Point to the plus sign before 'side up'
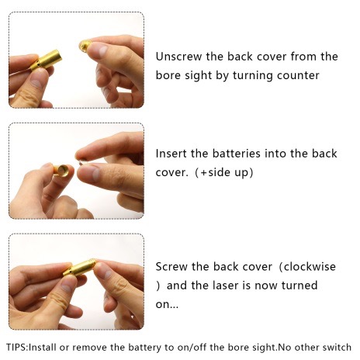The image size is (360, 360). [x=204, y=172]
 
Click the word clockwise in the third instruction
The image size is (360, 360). [x=310, y=266]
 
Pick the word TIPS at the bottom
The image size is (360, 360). [x=16, y=347]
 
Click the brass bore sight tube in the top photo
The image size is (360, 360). [x=47, y=61]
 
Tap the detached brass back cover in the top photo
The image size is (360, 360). [x=85, y=46]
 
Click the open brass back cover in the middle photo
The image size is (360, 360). [x=62, y=170]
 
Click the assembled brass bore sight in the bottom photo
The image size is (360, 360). [x=79, y=268]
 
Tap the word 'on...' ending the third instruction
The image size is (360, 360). [x=167, y=305]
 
